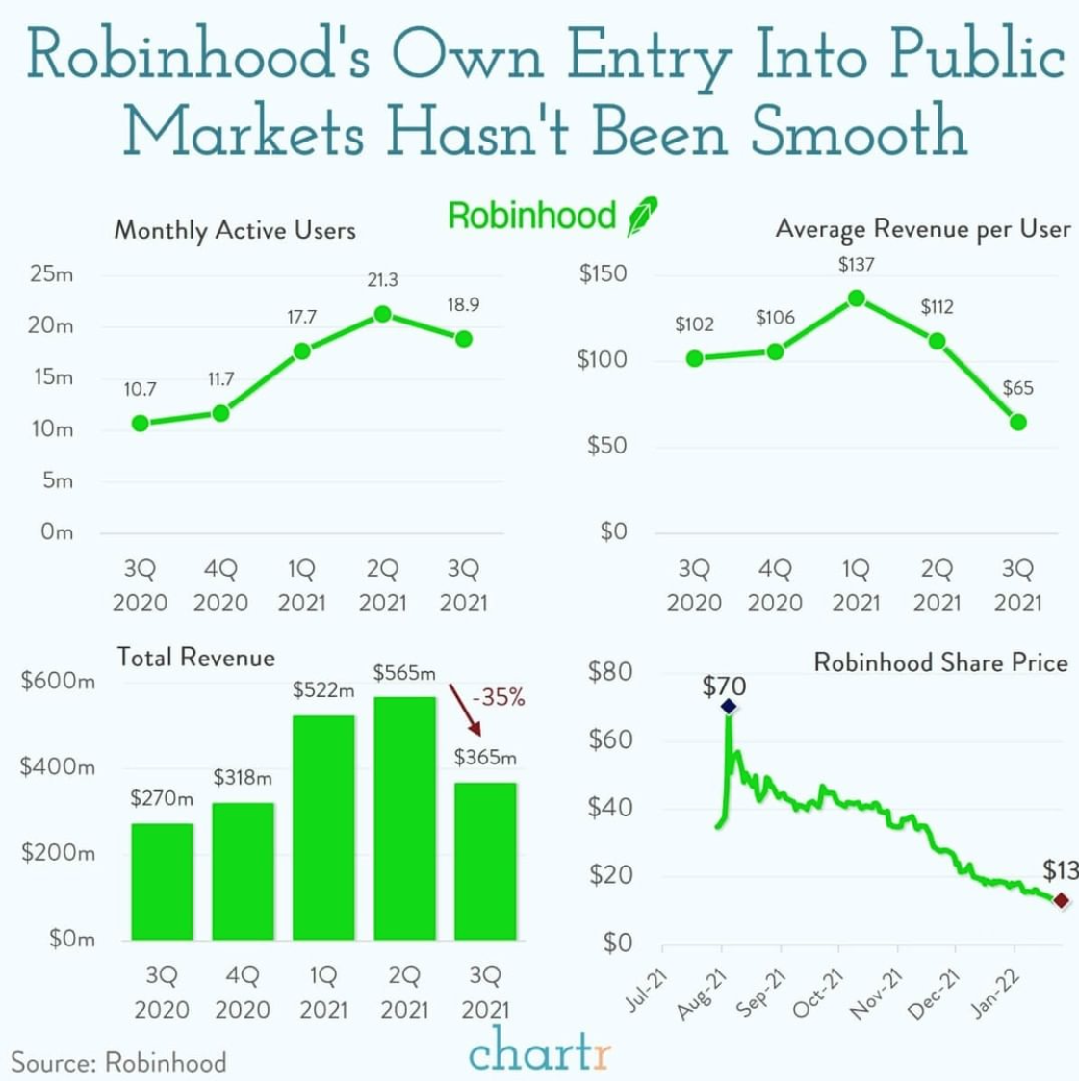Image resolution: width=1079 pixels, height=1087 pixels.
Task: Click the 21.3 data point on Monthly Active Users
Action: [382, 314]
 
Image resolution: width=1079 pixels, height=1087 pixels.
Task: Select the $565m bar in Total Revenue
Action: [404, 817]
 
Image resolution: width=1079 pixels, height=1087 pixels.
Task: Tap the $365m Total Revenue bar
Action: [485, 861]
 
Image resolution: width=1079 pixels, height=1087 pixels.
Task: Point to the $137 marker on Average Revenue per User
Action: [856, 298]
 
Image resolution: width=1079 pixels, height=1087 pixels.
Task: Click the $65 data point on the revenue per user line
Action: [1017, 422]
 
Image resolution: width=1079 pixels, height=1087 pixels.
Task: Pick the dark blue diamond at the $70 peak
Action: [728, 707]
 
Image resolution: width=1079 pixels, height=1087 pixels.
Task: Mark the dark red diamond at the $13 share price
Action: [1061, 900]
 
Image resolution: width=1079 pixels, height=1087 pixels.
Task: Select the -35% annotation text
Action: [499, 697]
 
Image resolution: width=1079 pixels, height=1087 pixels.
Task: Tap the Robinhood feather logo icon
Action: [642, 216]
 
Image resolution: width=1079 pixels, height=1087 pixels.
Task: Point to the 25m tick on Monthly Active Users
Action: [51, 274]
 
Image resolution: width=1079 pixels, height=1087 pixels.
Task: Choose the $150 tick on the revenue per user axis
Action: [603, 274]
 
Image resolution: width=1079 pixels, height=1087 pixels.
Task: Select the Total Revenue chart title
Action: [195, 658]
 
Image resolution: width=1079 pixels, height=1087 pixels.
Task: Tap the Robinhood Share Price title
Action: [940, 662]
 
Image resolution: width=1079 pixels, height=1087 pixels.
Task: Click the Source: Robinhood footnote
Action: [118, 1062]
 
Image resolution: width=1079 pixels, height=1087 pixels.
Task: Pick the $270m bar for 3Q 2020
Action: [162, 881]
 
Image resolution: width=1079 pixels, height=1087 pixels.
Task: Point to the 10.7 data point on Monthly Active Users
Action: [141, 423]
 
